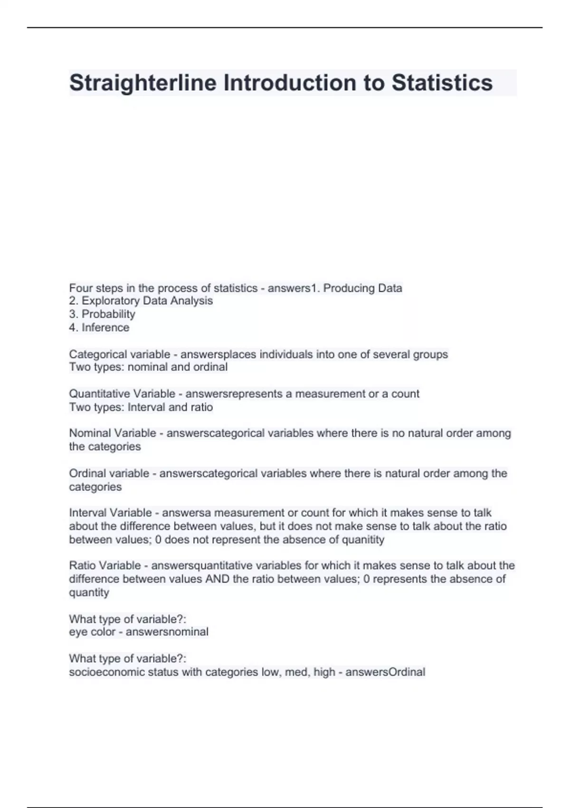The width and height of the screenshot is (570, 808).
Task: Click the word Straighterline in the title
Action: click(x=143, y=83)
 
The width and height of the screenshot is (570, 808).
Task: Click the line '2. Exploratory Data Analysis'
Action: click(x=141, y=301)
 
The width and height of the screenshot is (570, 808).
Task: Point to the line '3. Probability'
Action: click(x=102, y=314)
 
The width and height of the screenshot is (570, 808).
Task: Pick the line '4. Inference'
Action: click(x=99, y=327)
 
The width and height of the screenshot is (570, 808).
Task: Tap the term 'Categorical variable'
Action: click(x=120, y=354)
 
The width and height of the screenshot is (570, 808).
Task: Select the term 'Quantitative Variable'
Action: click(x=122, y=394)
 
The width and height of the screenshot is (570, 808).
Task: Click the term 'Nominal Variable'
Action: click(x=113, y=433)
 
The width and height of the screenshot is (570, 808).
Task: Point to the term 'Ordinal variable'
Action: click(x=109, y=473)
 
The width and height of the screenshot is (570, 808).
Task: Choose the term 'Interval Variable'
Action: click(x=111, y=513)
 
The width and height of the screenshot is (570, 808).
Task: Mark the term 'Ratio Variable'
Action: click(x=105, y=566)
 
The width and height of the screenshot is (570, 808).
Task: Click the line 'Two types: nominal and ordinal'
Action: click(x=148, y=367)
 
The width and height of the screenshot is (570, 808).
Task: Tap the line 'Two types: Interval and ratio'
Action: click(x=141, y=407)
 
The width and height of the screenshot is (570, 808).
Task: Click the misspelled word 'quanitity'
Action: click(x=363, y=540)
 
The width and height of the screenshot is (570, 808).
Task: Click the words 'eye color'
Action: click(x=92, y=632)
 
